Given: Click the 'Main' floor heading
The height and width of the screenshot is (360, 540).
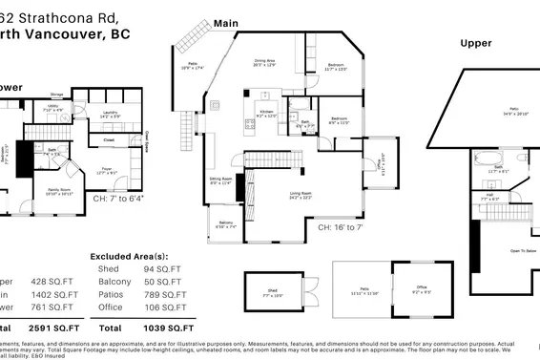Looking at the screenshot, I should (x=226, y=22).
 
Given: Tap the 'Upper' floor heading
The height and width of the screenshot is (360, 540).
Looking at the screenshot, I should (x=476, y=44).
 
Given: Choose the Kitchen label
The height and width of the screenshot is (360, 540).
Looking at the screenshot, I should (x=266, y=113).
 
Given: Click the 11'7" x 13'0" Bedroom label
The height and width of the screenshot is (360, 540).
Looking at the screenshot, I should (x=336, y=67).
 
